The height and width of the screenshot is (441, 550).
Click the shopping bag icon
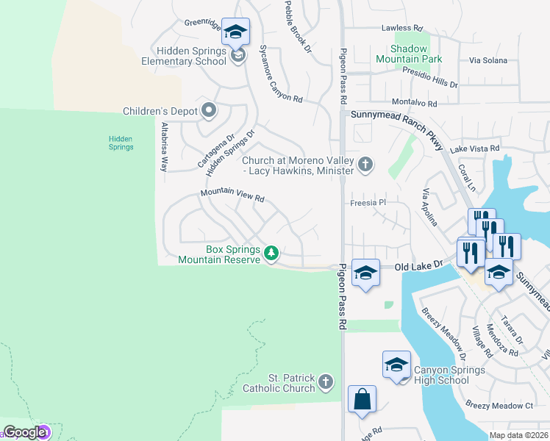point(362,400)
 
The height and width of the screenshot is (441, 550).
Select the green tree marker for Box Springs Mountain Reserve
point(271,254)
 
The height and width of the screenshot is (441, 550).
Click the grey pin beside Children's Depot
point(209,111)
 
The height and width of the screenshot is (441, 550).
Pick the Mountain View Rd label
point(232,196)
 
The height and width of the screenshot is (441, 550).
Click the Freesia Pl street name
point(368,202)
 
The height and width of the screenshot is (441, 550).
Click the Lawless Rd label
point(402,28)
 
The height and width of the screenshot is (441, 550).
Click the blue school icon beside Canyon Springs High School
point(396,365)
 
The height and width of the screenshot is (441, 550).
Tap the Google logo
point(24,433)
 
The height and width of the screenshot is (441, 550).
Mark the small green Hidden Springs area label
point(121,143)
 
